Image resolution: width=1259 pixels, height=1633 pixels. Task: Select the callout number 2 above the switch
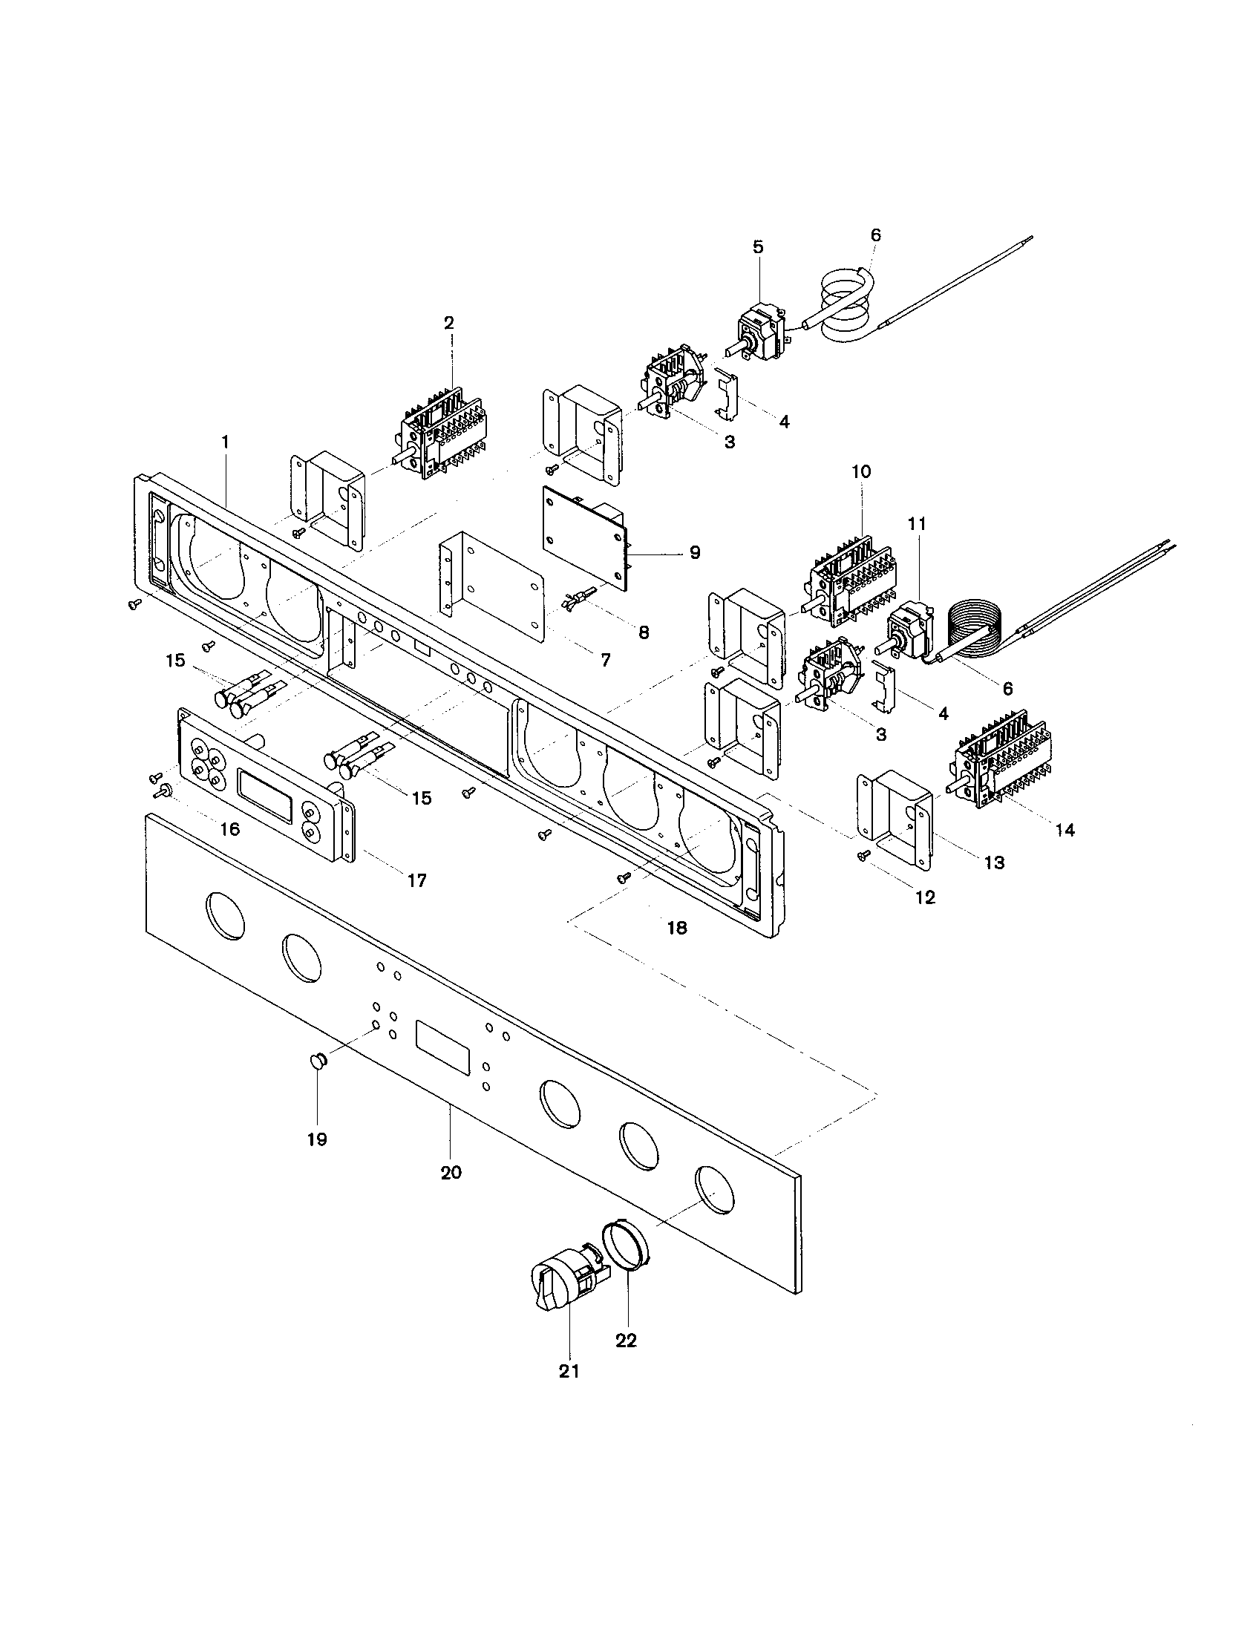click(448, 323)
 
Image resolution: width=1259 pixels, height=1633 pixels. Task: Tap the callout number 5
click(758, 247)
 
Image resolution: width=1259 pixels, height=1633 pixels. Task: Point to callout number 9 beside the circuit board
click(695, 552)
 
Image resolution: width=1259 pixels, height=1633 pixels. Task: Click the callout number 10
click(860, 472)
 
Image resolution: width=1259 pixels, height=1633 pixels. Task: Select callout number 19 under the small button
click(317, 1139)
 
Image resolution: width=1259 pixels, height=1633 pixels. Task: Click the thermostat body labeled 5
click(758, 327)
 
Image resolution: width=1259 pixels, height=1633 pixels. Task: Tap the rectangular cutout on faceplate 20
click(442, 1047)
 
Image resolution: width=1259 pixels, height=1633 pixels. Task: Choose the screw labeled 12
click(865, 857)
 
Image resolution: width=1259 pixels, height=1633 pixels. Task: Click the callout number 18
click(676, 928)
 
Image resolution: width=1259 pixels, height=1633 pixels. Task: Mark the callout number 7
click(605, 660)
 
